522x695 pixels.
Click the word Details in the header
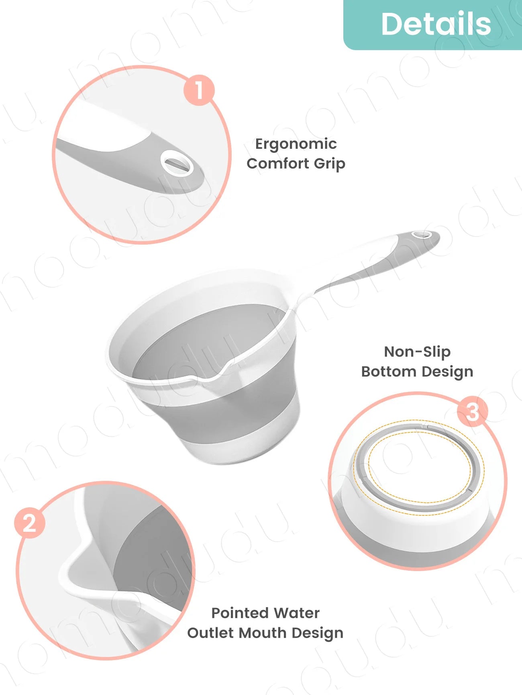[x=436, y=24]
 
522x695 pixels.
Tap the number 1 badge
[x=199, y=90]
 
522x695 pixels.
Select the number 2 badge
[x=30, y=523]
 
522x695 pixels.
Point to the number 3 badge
[x=473, y=411]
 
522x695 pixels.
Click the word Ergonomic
[x=296, y=144]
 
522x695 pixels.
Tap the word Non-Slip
[x=417, y=352]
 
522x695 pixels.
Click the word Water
[x=297, y=613]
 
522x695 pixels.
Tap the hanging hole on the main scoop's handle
[x=423, y=234]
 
